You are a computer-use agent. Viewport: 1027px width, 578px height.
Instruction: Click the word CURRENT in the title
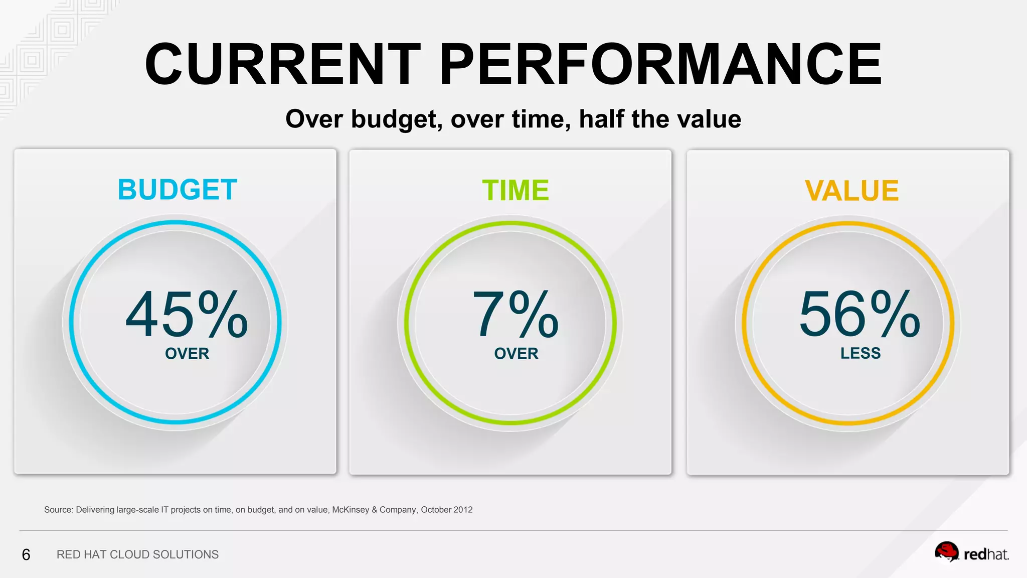coord(282,64)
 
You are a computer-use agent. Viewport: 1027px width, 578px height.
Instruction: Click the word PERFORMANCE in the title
coord(660,64)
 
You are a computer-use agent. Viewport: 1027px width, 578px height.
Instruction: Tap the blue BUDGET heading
coord(177,190)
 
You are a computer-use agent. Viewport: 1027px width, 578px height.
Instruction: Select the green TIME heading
coord(516,191)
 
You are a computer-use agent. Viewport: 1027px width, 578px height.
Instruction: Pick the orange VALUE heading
coord(851,191)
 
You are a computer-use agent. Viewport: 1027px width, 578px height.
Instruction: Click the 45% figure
coord(187,315)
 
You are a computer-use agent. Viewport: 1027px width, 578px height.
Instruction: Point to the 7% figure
coord(516,315)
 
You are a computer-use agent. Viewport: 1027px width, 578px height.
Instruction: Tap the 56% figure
coord(860,315)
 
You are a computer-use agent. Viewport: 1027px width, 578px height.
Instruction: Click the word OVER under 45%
coord(187,354)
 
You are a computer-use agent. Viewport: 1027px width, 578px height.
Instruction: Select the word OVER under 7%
coord(516,354)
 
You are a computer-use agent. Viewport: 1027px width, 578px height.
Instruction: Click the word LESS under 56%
coord(861,353)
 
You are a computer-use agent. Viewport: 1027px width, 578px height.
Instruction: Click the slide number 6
coord(26,554)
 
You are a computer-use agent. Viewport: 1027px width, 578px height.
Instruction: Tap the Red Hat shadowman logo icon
coord(946,552)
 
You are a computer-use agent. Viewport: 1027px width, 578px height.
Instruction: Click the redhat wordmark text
coord(986,554)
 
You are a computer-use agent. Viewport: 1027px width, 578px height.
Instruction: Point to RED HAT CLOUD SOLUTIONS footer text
coord(137,554)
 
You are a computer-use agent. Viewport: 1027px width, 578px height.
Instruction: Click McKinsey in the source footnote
coord(350,510)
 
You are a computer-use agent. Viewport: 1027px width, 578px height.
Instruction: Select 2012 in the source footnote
coord(462,510)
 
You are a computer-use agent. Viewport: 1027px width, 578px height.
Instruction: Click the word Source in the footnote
coord(58,510)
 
